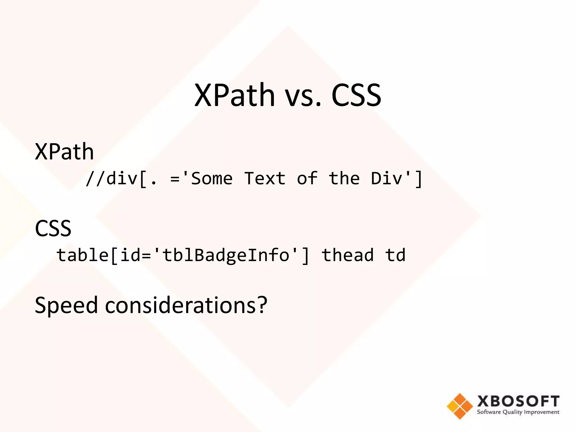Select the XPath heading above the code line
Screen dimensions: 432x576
[64, 152]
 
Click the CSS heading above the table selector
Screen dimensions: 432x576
[53, 228]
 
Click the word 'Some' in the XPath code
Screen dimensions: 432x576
[211, 179]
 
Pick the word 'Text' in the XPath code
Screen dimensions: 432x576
[265, 179]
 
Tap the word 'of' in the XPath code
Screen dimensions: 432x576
[307, 179]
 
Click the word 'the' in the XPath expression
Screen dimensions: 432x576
[344, 179]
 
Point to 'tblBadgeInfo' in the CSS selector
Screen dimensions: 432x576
[226, 255]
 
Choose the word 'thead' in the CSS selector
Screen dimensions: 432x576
[348, 255]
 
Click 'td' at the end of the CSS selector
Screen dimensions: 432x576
[395, 255]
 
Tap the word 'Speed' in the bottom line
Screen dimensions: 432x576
[66, 305]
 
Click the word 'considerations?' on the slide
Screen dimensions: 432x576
[186, 305]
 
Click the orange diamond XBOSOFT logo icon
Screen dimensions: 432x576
[460, 406]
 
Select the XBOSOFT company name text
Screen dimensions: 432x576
[518, 401]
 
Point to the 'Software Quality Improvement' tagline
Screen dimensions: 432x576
[518, 412]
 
